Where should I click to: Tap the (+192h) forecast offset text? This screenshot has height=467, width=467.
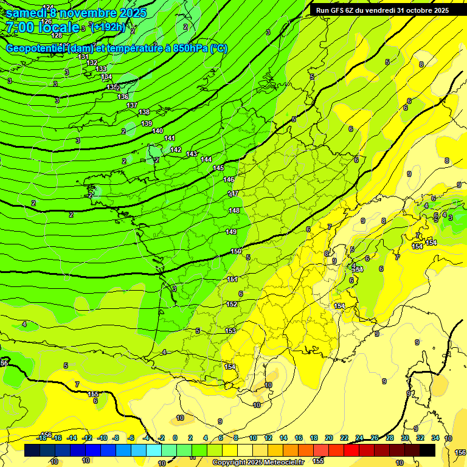108,27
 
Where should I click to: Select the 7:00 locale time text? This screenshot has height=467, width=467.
43,27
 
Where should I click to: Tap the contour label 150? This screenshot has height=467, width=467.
236,251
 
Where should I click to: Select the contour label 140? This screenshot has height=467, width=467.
157,131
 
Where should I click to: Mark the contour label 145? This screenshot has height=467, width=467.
218,168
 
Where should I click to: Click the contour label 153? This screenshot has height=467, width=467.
230,331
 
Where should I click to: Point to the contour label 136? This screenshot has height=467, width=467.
123,97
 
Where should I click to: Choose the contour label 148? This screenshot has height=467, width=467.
233,210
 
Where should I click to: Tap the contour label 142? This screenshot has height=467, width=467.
176,150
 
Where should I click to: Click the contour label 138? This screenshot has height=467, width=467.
144,112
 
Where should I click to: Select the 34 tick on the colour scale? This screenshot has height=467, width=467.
435,438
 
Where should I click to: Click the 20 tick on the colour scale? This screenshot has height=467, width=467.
328,438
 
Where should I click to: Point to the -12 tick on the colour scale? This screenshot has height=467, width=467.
87,438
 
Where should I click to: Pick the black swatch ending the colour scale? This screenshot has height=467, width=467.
427,450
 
